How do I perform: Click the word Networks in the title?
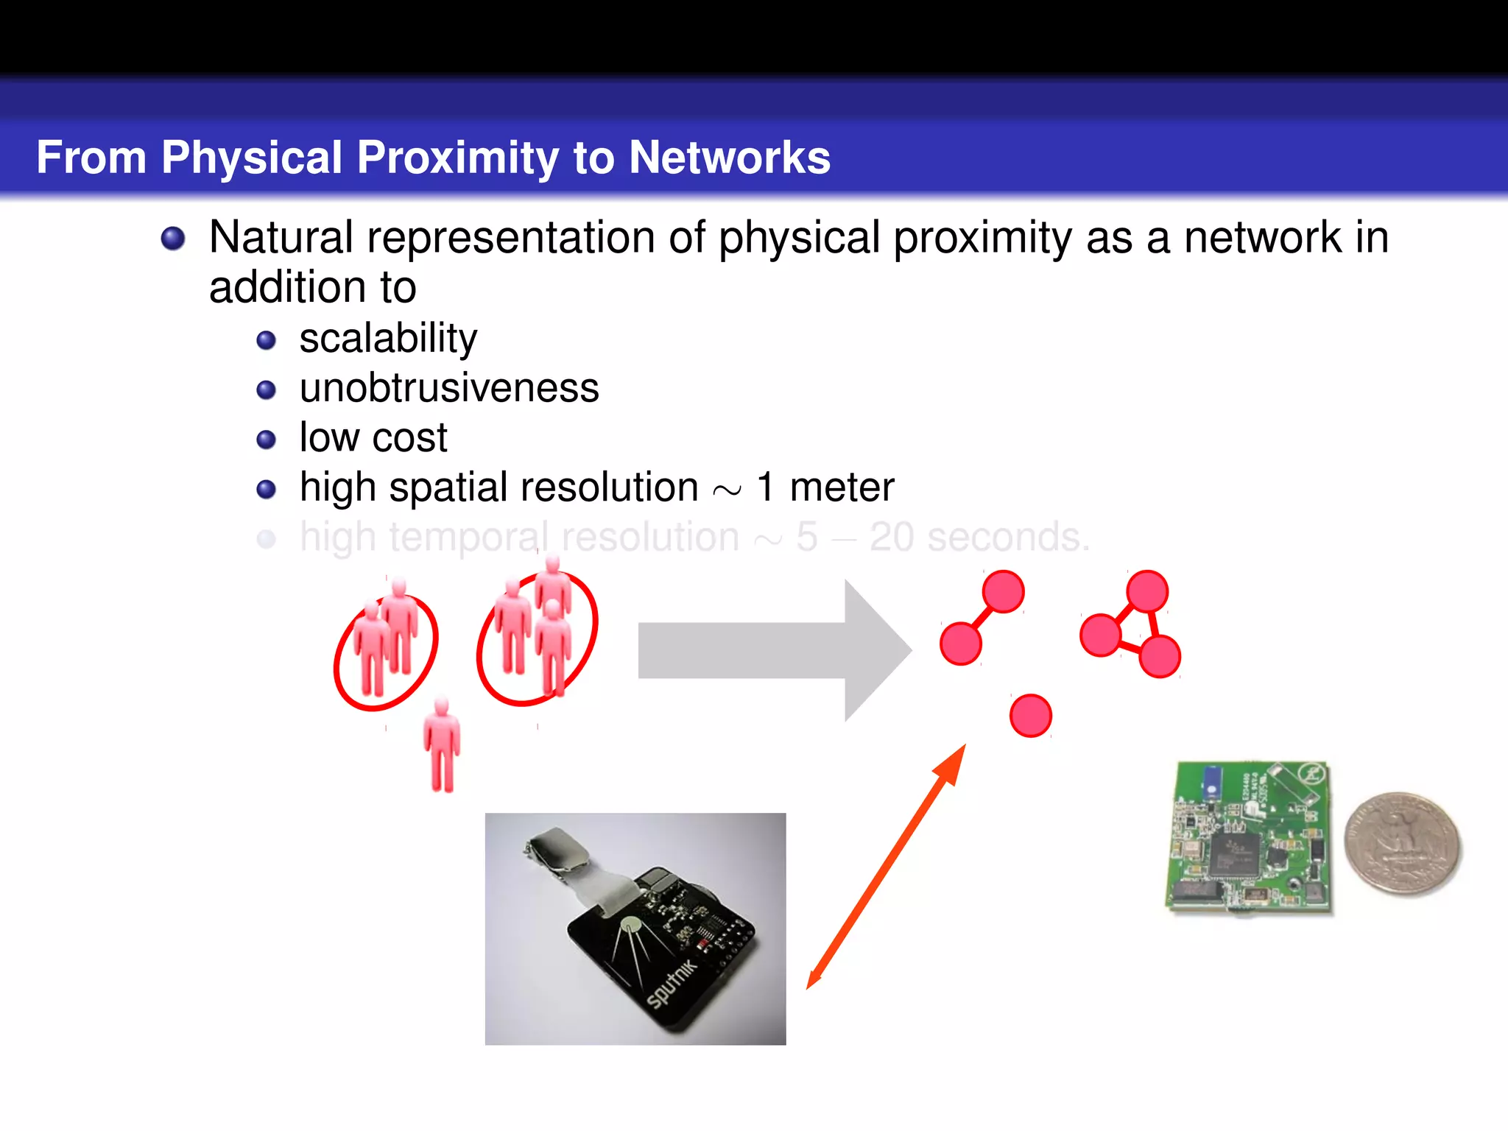click(x=729, y=158)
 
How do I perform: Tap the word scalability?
click(x=388, y=339)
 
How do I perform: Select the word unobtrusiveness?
click(x=449, y=388)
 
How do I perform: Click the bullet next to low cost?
click(x=266, y=440)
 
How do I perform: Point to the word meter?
click(x=842, y=487)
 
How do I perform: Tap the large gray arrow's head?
click(x=876, y=650)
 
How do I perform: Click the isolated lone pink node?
click(x=1030, y=715)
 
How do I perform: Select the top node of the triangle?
click(x=1146, y=591)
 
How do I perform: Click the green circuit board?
click(x=1250, y=838)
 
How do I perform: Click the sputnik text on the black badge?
click(x=671, y=984)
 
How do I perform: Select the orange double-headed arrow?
click(x=886, y=867)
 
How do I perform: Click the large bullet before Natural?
click(x=173, y=239)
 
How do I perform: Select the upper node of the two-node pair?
click(x=1003, y=591)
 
